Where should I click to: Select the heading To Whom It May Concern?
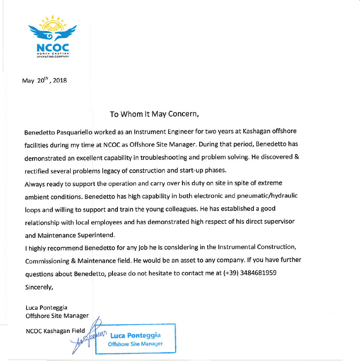point(154,114)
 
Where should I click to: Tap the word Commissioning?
point(48,260)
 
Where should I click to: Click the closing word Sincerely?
point(39,286)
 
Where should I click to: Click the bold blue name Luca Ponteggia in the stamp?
point(135,335)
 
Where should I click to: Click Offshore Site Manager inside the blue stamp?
point(135,344)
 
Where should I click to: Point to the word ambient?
point(38,196)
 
